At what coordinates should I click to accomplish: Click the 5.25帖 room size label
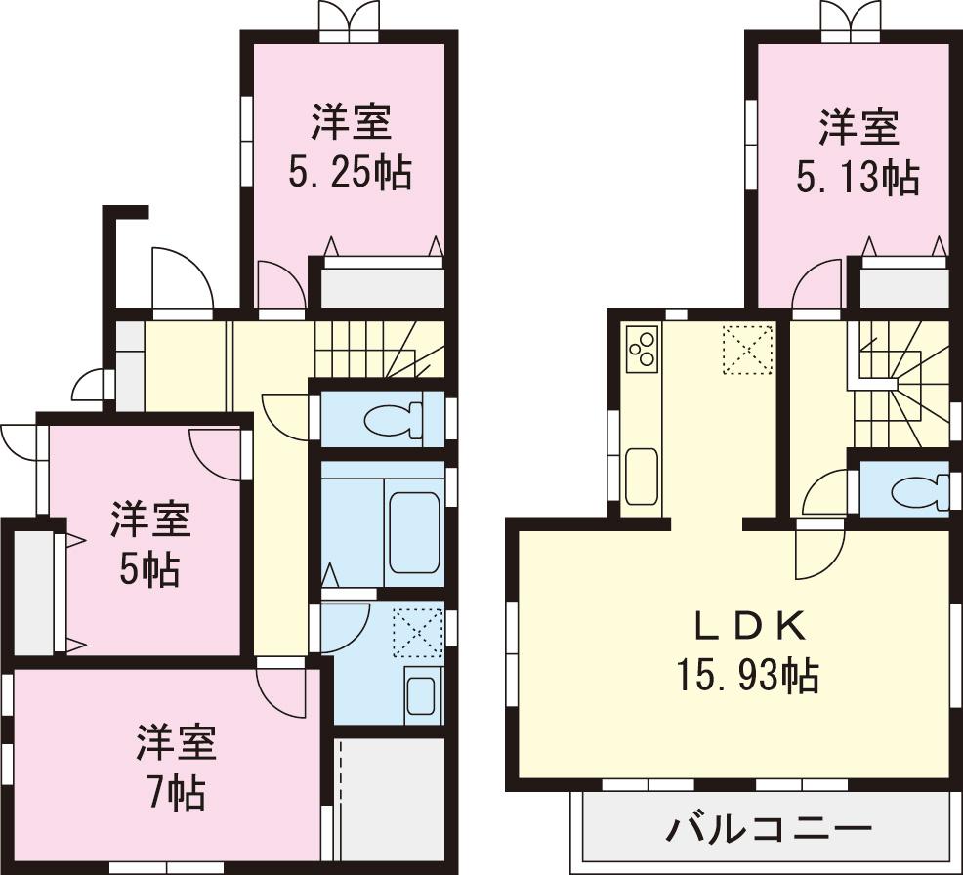point(349,173)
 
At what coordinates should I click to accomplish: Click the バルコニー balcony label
point(769,831)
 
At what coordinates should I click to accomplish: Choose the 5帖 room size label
point(149,569)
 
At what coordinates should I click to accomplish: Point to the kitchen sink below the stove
point(641,476)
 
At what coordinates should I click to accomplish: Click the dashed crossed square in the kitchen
point(747,350)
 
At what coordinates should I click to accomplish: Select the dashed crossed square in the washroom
point(417,632)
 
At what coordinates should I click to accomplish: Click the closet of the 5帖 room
point(34,593)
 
